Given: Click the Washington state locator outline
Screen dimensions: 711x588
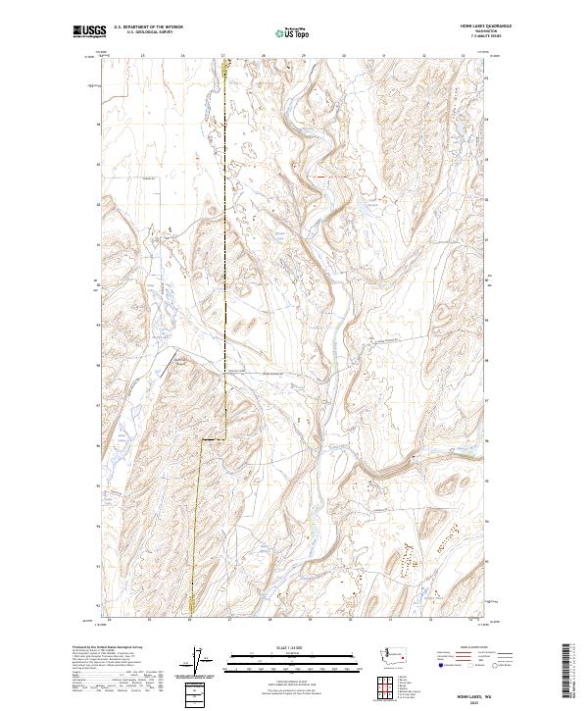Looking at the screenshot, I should pos(397,653).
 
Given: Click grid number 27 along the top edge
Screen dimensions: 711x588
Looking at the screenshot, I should pos(222,56).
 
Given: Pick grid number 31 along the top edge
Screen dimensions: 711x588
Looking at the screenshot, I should pos(383,56).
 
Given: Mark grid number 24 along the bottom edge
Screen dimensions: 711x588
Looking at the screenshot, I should pos(109,620).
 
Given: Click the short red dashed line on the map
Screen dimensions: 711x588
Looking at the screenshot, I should pos(323,177).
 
